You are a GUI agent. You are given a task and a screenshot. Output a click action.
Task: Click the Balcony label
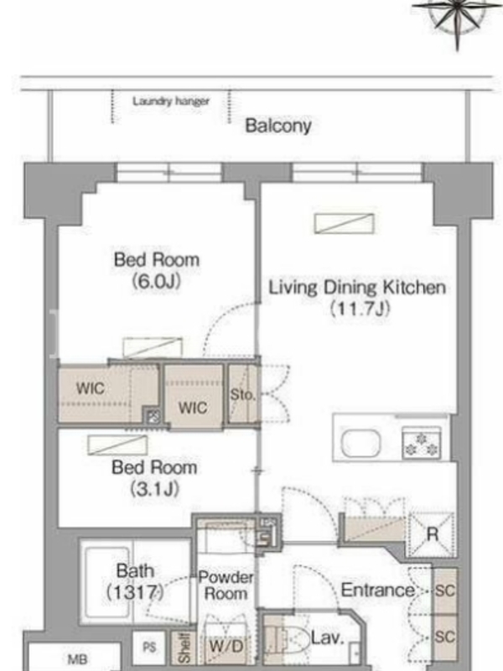[x=278, y=126]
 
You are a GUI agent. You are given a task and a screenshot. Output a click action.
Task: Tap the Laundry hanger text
[x=171, y=101]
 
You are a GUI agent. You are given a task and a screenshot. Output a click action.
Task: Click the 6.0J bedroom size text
[x=156, y=281]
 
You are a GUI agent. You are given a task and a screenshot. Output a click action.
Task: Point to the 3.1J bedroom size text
[x=154, y=489]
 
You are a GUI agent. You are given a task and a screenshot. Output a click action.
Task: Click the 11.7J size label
[x=360, y=308]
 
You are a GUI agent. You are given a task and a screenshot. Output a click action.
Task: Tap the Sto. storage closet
[x=242, y=394]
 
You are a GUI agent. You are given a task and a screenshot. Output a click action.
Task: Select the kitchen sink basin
[x=360, y=444]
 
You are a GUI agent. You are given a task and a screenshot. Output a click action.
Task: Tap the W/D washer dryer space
[x=226, y=646]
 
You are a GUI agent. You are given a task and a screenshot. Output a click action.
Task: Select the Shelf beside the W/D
[x=184, y=648]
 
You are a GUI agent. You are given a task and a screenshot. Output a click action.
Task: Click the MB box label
[x=78, y=659]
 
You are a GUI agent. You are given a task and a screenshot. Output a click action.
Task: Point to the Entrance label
[x=377, y=590]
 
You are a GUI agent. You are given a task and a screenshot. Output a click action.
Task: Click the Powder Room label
[x=226, y=585]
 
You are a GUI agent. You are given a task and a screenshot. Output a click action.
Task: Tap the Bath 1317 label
[x=135, y=581]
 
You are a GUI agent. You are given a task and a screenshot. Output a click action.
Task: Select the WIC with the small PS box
[x=109, y=393]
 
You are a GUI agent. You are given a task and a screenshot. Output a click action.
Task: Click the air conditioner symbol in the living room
[x=345, y=223]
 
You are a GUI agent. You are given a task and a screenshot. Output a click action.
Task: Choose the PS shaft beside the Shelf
[x=149, y=647]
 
